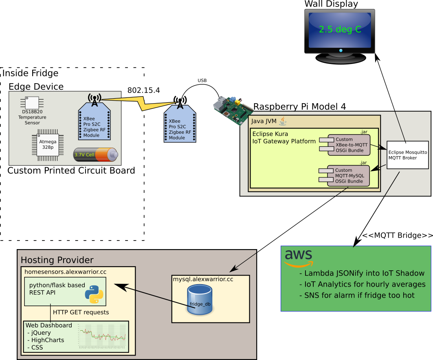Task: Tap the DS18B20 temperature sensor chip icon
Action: (x=32, y=102)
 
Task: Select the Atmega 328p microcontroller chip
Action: (x=48, y=144)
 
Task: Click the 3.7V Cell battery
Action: (x=95, y=155)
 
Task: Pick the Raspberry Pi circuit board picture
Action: (x=233, y=108)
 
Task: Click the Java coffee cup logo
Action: (x=283, y=121)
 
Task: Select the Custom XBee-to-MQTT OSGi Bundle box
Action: (x=349, y=145)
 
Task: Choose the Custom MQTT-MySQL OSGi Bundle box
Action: (x=349, y=176)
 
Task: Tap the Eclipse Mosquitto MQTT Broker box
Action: (x=407, y=155)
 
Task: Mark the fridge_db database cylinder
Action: (x=200, y=300)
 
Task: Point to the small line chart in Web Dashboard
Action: (x=102, y=336)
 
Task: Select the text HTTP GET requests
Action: (x=81, y=312)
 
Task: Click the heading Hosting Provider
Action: (x=57, y=260)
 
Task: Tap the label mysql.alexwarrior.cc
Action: (x=203, y=279)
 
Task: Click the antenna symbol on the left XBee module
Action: (x=95, y=99)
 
